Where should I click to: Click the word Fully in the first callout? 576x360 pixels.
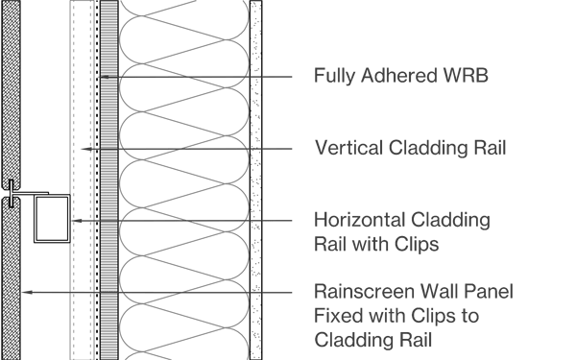336,75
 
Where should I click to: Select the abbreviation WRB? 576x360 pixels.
465,75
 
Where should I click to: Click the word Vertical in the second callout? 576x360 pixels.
347,148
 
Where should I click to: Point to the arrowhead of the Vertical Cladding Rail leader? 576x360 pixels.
84,148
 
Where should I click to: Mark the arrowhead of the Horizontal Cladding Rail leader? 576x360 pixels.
75,221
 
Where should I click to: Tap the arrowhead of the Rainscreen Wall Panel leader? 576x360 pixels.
27,292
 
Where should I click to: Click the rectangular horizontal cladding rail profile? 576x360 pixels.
51,218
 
